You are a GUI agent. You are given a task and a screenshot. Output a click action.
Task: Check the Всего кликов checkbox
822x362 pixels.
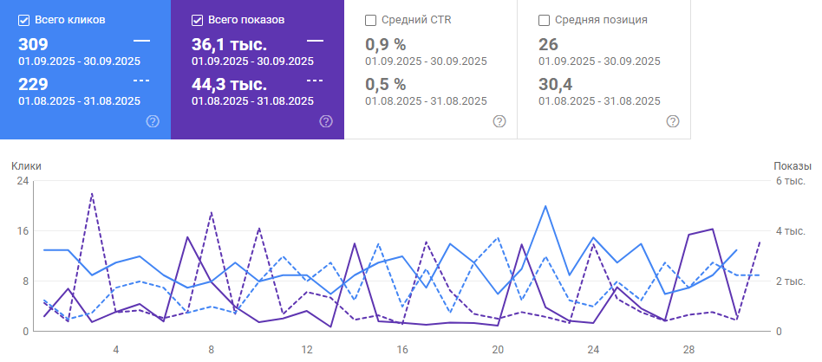[24, 19]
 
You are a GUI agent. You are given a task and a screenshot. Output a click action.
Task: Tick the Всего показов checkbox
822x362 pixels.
[197, 19]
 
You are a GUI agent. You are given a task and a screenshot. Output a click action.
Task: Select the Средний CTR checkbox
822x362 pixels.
[371, 19]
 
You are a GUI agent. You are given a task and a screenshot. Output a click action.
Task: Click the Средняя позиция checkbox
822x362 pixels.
[545, 19]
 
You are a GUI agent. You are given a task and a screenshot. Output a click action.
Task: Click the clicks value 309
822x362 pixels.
[33, 44]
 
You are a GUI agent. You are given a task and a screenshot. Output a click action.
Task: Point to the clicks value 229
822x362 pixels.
[33, 84]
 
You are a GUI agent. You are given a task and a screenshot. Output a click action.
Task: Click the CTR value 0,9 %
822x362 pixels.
[385, 44]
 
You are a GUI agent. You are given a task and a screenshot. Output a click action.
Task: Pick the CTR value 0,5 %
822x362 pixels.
[385, 84]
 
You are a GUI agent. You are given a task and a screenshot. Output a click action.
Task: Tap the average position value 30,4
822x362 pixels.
[556, 84]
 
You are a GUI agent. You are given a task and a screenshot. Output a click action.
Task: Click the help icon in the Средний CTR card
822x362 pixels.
[499, 121]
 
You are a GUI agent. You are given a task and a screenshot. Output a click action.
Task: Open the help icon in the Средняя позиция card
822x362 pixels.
[673, 121]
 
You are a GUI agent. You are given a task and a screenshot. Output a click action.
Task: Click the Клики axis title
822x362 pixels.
[26, 165]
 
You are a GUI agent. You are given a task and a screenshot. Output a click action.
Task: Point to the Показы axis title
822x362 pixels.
[792, 165]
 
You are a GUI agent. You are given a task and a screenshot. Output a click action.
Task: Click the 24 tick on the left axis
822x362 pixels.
[23, 181]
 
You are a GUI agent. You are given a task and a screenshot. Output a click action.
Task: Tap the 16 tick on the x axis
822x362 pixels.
[402, 350]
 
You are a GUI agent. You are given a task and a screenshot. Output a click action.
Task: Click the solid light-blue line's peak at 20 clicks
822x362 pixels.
[545, 206]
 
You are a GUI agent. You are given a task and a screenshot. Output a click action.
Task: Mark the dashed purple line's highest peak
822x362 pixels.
[92, 194]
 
